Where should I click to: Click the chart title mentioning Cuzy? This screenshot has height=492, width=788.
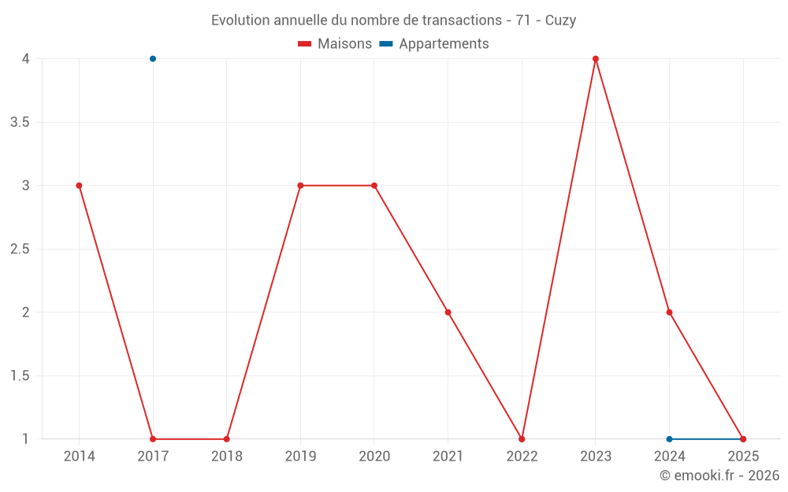point(393,20)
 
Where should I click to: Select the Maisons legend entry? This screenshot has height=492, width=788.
point(335,43)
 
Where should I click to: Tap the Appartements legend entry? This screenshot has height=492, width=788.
point(433,43)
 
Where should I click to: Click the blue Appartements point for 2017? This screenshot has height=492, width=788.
point(153,59)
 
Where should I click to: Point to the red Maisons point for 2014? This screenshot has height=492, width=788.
point(79,186)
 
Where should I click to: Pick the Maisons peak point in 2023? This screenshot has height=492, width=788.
point(596,59)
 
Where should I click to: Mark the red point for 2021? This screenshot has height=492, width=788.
point(448,313)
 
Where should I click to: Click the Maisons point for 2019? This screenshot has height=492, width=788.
point(300,186)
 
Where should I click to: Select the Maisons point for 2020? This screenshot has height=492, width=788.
point(374,186)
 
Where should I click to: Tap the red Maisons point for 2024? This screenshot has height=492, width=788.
point(669,313)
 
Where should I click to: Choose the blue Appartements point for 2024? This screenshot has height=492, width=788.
point(669,439)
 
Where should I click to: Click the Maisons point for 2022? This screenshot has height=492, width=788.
point(522,439)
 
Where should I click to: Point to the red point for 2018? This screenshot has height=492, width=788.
point(227,439)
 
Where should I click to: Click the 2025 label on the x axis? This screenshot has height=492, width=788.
point(743,457)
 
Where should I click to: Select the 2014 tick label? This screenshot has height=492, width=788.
point(79,457)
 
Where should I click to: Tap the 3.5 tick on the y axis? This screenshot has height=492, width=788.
point(20,123)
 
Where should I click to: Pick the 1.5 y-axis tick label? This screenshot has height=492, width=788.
point(20,376)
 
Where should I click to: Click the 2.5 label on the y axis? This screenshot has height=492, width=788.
point(20,249)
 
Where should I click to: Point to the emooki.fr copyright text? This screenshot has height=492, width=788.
point(719,475)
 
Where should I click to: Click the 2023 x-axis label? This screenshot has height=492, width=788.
point(596,457)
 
